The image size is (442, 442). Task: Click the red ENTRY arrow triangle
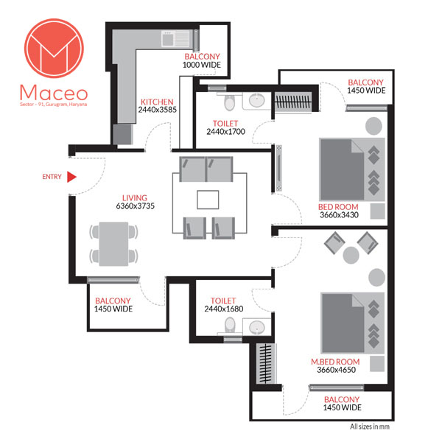pyautogui.click(x=71, y=177)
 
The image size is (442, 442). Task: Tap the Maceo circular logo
pyautogui.click(x=54, y=48)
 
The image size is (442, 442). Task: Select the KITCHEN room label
pyautogui.click(x=157, y=102)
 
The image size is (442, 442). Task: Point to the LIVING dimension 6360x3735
pyautogui.click(x=136, y=206)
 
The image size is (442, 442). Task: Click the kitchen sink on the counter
pyautogui.click(x=175, y=39)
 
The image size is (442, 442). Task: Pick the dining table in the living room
pyautogui.click(x=113, y=244)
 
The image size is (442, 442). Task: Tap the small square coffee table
pyautogui.click(x=208, y=200)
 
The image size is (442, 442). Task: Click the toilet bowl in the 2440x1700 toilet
pyautogui.click(x=229, y=102)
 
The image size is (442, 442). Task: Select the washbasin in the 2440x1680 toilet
pyautogui.click(x=257, y=327)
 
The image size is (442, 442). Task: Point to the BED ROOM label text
pyautogui.click(x=338, y=207)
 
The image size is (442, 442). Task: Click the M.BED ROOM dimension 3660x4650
pyautogui.click(x=337, y=370)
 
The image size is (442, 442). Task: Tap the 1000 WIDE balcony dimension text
pyautogui.click(x=202, y=65)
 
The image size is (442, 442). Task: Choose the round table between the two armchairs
pyautogui.click(x=351, y=255)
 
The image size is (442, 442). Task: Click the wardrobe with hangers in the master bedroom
pyautogui.click(x=265, y=364)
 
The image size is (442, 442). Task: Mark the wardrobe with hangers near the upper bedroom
pyautogui.click(x=293, y=102)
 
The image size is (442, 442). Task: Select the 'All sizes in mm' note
pyautogui.click(x=370, y=427)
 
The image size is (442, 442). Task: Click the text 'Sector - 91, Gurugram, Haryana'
pyautogui.click(x=54, y=105)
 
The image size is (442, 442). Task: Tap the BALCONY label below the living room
pyautogui.click(x=113, y=301)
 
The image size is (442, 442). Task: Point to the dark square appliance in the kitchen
pyautogui.click(x=122, y=134)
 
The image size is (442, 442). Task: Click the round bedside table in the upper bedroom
pyautogui.click(x=373, y=126)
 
